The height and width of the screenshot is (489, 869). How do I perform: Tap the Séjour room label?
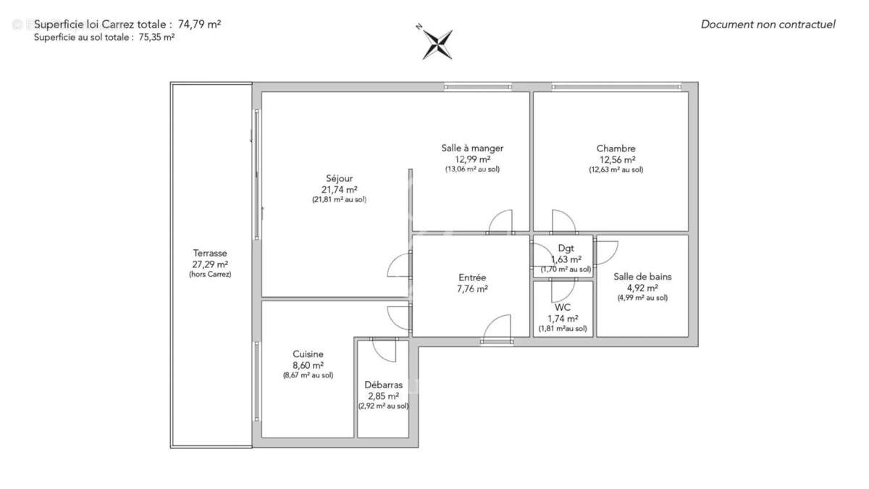[x=339, y=178]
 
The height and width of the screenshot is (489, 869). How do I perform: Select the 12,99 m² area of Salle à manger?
[x=472, y=159]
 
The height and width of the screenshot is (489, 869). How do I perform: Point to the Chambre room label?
[x=616, y=149]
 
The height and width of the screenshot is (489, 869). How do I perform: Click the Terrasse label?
[x=210, y=254]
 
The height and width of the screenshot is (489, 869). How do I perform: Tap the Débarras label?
[x=383, y=385]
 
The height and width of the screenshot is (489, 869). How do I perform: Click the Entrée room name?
[x=472, y=277]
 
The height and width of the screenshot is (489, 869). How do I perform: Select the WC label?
[x=563, y=307]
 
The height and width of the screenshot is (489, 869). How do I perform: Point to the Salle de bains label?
[x=642, y=276]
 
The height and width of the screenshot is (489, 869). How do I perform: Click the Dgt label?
[x=566, y=248]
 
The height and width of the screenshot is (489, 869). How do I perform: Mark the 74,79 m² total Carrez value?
[x=199, y=24]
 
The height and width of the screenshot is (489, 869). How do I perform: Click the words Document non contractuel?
[x=768, y=25]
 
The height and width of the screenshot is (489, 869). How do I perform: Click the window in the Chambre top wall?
[x=616, y=87]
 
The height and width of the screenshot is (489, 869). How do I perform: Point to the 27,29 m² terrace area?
[x=210, y=264]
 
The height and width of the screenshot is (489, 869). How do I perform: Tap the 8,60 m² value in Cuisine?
[x=308, y=365]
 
